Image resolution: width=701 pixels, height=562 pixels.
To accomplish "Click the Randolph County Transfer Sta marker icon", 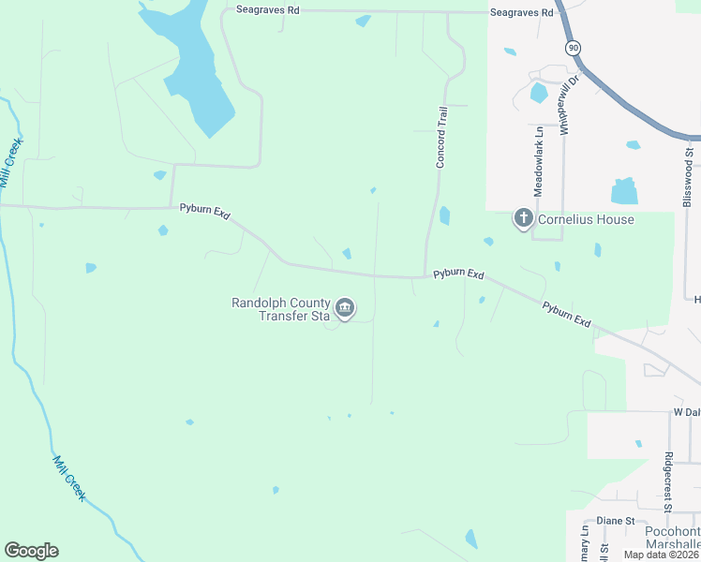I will [x=345, y=308].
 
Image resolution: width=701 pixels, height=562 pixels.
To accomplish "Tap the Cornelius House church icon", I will [x=523, y=219].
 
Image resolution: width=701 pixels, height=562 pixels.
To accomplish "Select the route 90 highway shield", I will [x=573, y=47].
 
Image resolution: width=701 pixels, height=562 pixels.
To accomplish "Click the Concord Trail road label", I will [x=440, y=137].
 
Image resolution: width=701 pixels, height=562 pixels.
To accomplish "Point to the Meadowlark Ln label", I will [x=539, y=161].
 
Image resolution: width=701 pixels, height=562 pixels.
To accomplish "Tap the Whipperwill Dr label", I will [x=565, y=107].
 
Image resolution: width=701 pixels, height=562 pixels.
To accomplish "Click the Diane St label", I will [x=617, y=521].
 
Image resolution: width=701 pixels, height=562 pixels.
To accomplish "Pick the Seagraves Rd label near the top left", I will [x=268, y=10].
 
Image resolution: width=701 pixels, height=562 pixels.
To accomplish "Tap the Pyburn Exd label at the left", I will [x=204, y=213].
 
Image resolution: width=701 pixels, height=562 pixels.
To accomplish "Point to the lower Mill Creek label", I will [x=68, y=478].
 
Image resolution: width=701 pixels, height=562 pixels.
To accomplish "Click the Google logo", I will [x=31, y=551].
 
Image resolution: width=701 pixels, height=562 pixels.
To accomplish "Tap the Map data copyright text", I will [x=662, y=555].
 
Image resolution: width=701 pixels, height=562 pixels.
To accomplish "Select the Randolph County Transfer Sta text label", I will [x=281, y=309].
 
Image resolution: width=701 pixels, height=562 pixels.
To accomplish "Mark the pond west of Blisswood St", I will [x=624, y=191].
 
